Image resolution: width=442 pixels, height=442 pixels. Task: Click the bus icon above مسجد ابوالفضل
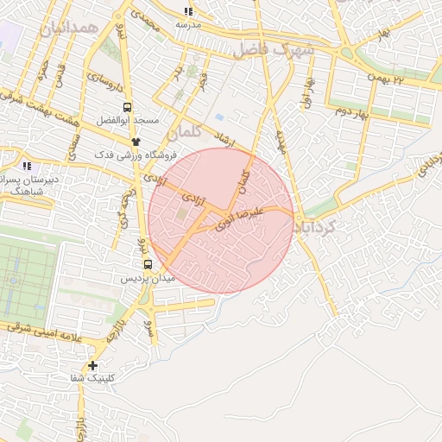[x=128, y=108]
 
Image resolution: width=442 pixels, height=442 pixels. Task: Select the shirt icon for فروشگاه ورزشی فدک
[x=136, y=142]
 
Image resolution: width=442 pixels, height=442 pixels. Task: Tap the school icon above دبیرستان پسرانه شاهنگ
[x=28, y=165]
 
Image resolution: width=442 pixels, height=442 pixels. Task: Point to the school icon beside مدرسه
[x=188, y=11]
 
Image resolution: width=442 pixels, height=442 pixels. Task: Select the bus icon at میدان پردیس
[x=147, y=264]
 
